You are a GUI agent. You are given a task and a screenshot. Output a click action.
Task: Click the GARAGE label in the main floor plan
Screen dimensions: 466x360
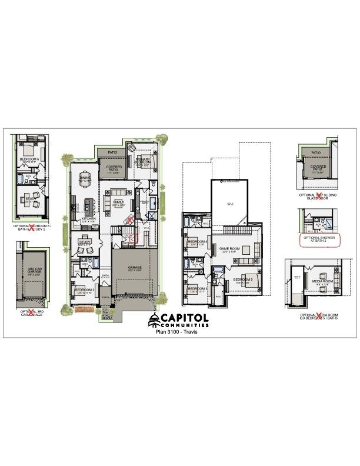135,268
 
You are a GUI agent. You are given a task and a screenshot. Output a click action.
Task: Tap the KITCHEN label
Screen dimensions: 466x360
89,219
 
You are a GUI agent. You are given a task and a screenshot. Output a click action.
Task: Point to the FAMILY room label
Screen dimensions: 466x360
118,202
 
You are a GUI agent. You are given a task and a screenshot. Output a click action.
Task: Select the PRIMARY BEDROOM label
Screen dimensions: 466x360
143,161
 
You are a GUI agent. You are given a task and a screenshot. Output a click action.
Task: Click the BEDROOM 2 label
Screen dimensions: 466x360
85,289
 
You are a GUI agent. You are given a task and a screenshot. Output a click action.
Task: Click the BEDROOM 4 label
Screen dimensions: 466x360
197,242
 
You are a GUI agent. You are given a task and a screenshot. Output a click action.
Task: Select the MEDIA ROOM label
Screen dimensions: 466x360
322,282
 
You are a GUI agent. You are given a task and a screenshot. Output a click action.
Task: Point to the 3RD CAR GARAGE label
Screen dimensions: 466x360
35,271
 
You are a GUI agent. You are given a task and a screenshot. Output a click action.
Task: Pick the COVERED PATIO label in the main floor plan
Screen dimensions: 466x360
114,168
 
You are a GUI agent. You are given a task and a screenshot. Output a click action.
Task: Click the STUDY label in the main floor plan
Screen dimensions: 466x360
84,241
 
